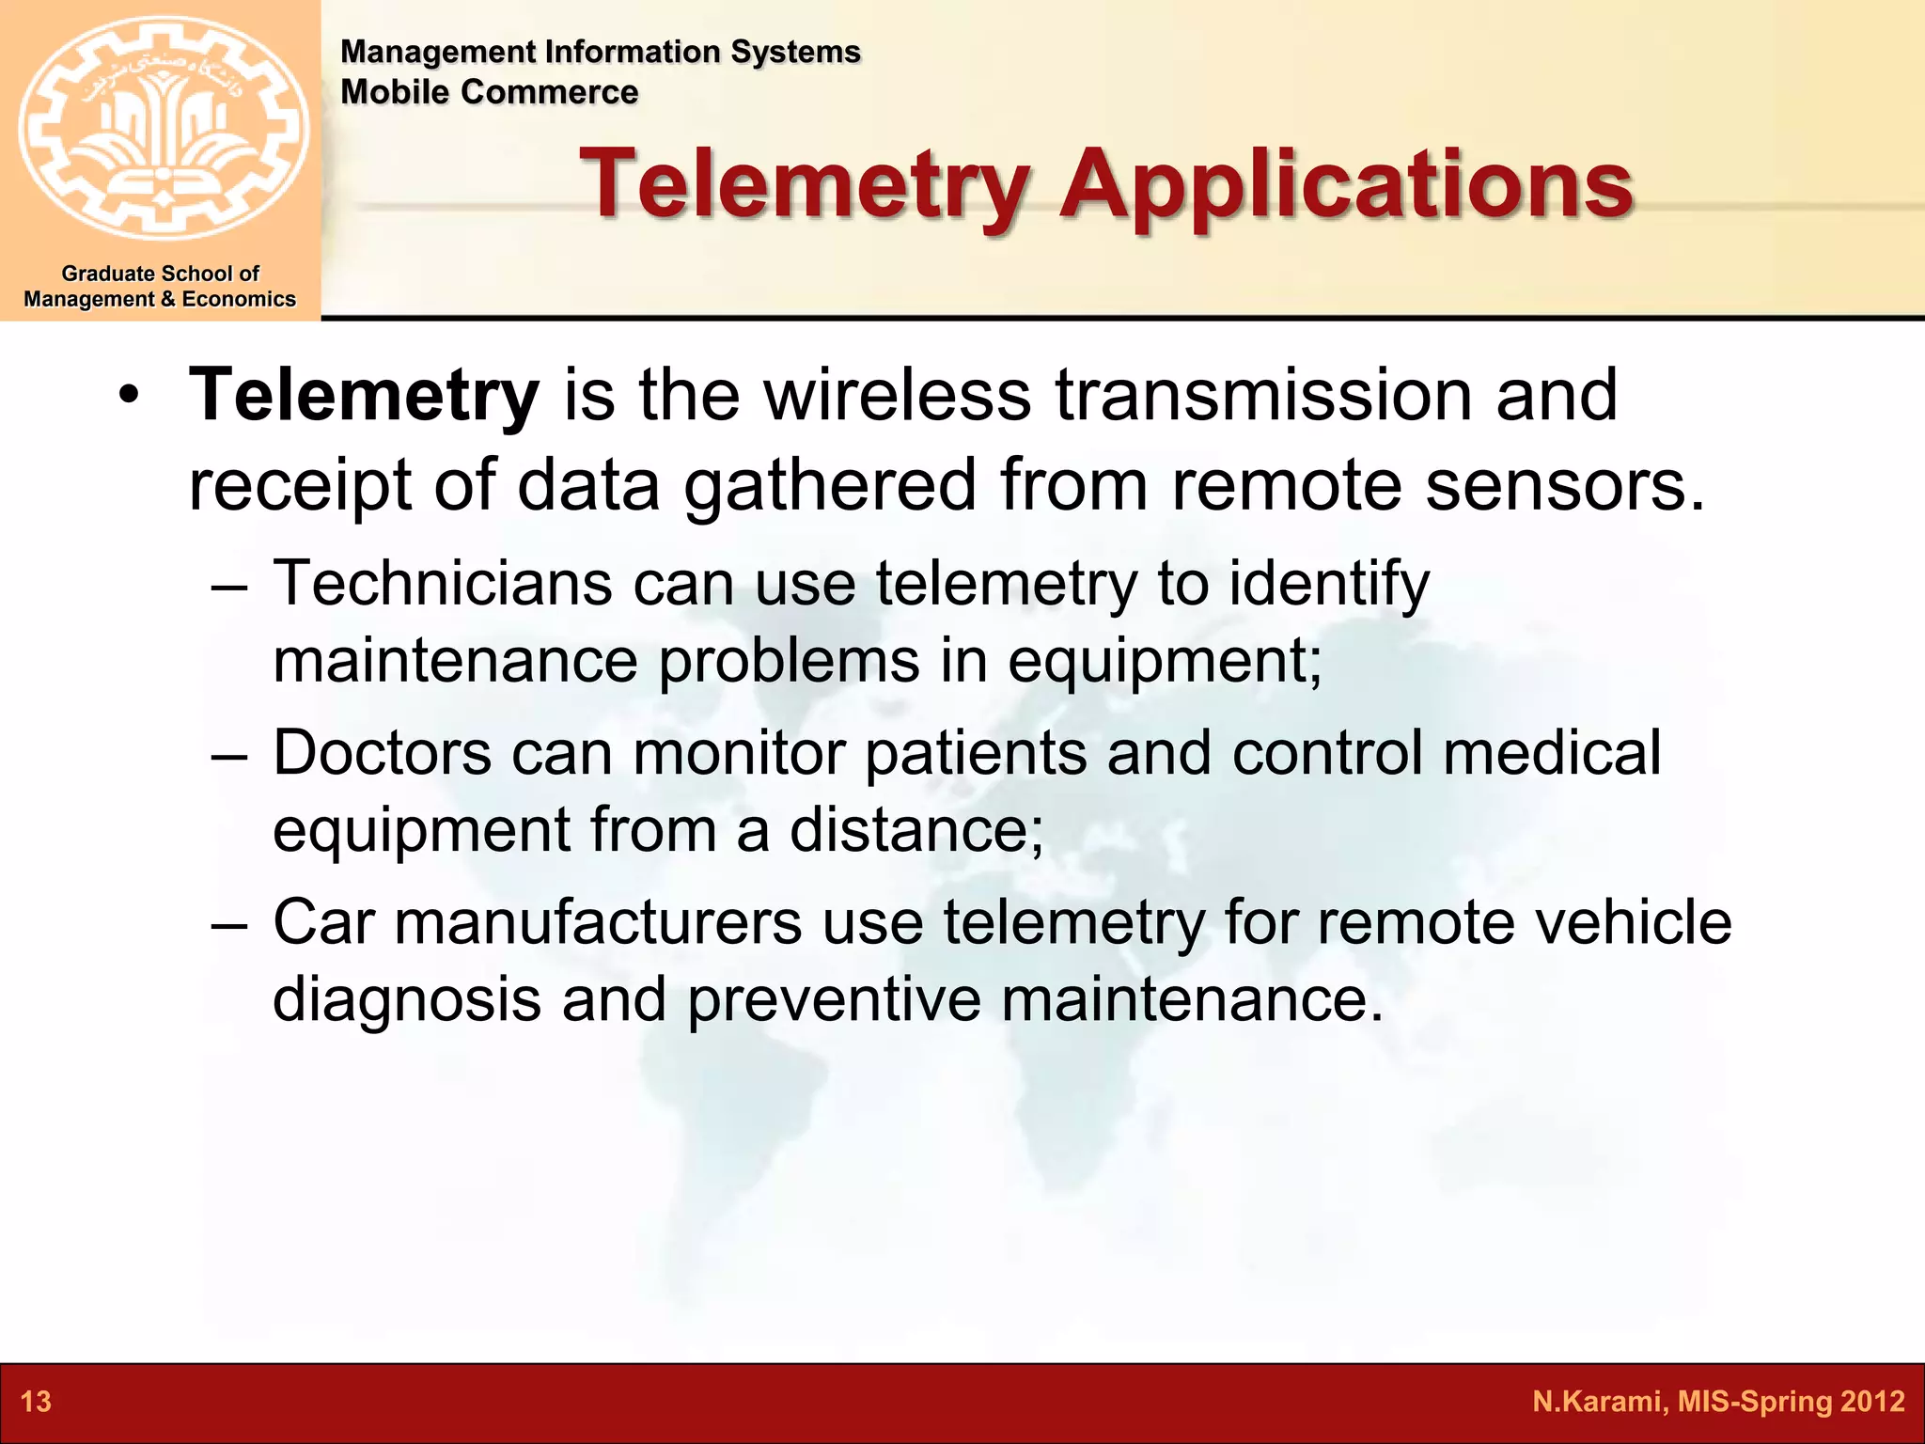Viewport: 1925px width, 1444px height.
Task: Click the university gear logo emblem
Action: [162, 129]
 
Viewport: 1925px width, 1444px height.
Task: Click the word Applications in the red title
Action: [1346, 184]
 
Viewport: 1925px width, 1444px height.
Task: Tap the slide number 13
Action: [36, 1402]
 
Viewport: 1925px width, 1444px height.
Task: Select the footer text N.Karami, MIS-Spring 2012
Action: [1717, 1402]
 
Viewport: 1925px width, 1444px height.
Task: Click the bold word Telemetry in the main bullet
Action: [364, 396]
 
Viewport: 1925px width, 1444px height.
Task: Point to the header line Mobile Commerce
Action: [489, 92]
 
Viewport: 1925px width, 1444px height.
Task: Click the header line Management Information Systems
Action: [600, 52]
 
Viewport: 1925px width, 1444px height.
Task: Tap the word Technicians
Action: [442, 584]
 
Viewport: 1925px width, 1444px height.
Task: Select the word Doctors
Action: [382, 753]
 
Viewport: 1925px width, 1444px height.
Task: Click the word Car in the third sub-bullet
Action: [324, 922]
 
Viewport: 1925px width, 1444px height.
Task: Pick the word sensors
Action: [1564, 486]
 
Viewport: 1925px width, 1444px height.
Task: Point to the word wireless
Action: [898, 396]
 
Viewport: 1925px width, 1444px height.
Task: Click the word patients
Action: [975, 755]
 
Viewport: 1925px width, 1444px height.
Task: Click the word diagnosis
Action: [406, 999]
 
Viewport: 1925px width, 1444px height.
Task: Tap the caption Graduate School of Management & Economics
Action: [160, 287]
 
